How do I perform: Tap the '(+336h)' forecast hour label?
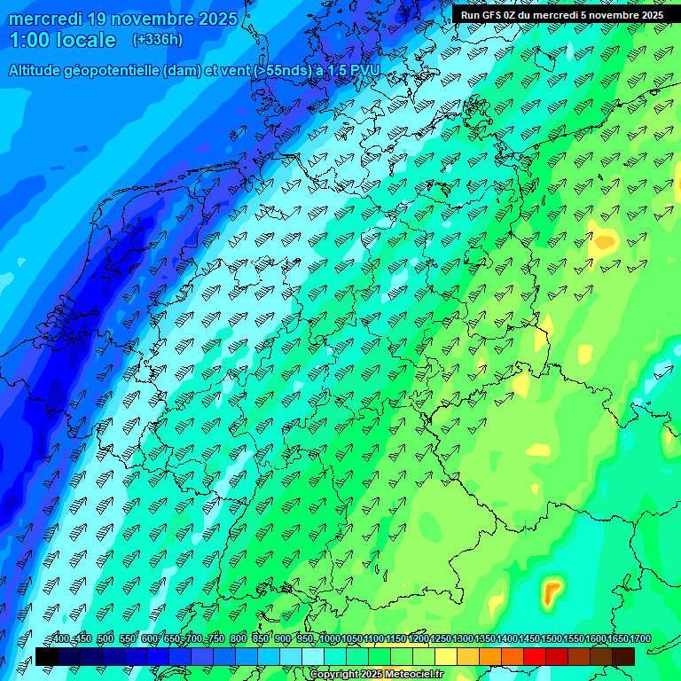[x=158, y=39]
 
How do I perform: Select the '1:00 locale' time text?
[x=62, y=40]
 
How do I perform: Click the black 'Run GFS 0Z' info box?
[x=561, y=14]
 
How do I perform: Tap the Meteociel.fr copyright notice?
[x=375, y=675]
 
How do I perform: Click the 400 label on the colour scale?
[x=61, y=639]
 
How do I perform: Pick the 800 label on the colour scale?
[x=238, y=639]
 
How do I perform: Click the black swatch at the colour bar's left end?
[x=47, y=656]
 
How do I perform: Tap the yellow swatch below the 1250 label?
[x=446, y=656]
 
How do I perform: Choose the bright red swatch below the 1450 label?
[x=535, y=656]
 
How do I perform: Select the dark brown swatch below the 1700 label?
[x=623, y=656]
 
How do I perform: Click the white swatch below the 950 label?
[x=313, y=656]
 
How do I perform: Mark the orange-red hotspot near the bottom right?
[x=553, y=589]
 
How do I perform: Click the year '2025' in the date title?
[x=217, y=19]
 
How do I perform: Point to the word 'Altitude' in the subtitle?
[x=37, y=71]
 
